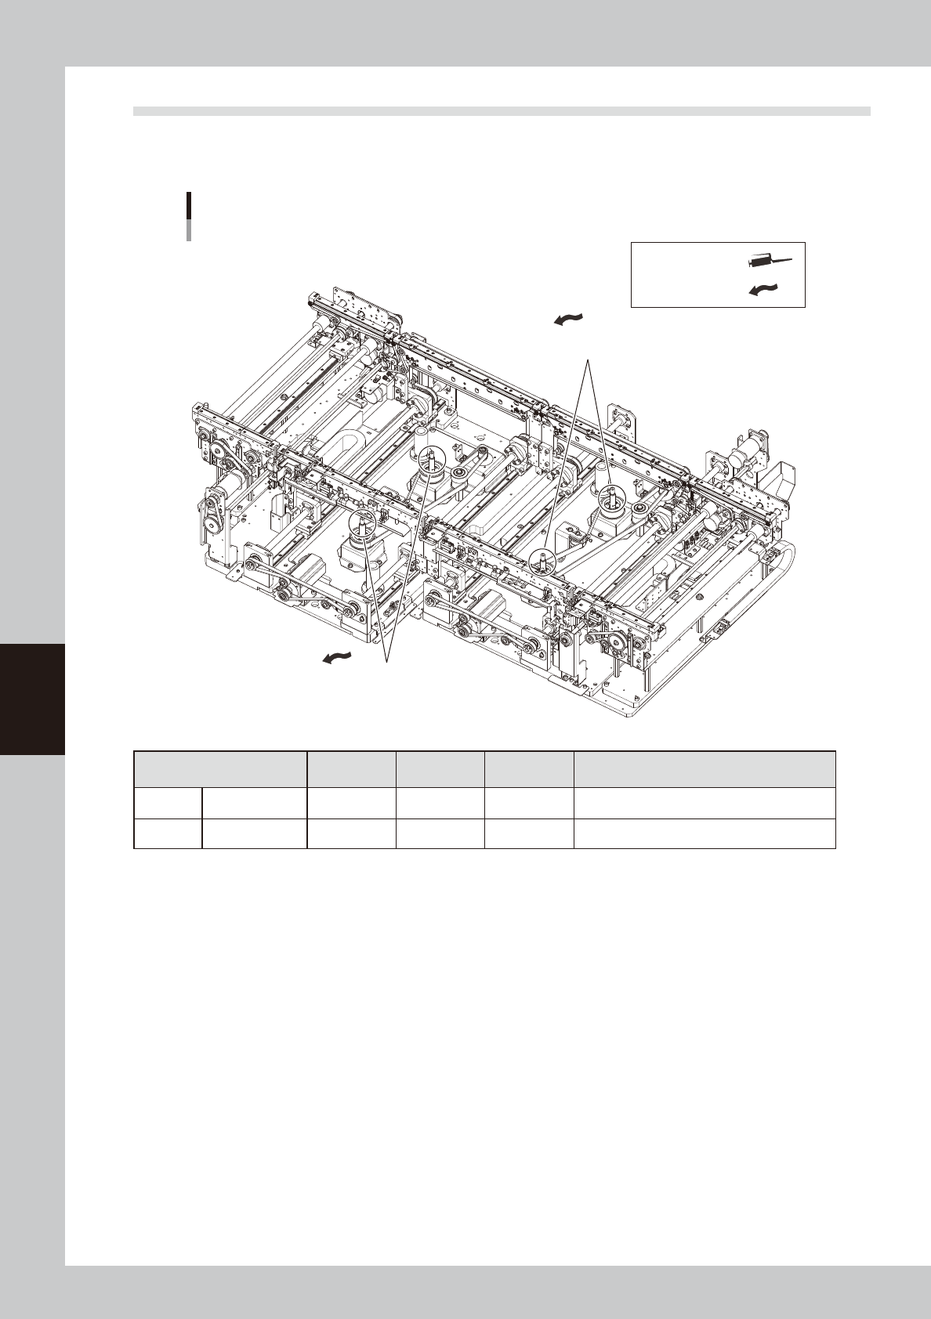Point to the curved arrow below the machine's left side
[x=338, y=658]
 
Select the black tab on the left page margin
[x=32, y=698]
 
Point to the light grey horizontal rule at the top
[x=502, y=111]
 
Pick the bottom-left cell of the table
[x=168, y=834]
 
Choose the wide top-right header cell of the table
[x=705, y=769]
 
